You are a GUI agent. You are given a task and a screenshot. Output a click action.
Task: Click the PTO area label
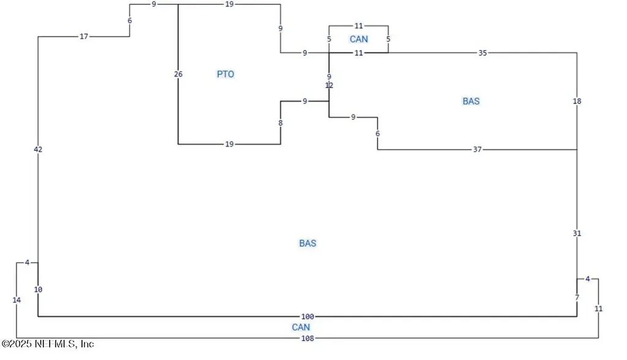(x=225, y=74)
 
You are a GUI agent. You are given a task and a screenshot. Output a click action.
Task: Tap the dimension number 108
(x=307, y=339)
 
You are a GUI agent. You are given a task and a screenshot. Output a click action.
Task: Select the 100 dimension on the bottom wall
(x=307, y=317)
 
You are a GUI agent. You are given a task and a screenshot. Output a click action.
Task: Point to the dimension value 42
(x=38, y=149)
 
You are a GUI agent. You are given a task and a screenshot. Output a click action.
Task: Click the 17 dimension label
(x=83, y=37)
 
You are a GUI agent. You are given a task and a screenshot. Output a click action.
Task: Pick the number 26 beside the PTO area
(x=178, y=74)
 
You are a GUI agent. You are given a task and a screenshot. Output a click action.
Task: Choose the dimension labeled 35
(x=482, y=53)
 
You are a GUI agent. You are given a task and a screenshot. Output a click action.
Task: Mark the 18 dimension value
(x=577, y=101)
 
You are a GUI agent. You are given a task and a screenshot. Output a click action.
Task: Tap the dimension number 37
(x=478, y=149)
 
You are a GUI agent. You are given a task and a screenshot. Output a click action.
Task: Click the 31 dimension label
(x=577, y=233)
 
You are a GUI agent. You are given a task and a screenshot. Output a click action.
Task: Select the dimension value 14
(x=17, y=300)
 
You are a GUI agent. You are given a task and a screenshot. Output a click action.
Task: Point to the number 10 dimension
(x=38, y=290)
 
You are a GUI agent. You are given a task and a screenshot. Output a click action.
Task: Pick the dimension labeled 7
(x=577, y=298)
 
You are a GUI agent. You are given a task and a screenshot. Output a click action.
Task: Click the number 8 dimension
(x=280, y=123)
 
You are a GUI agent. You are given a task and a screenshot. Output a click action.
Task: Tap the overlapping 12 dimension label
(x=329, y=85)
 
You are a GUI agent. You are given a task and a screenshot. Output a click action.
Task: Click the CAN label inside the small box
(x=359, y=39)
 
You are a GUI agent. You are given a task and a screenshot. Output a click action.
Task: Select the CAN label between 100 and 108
(x=301, y=328)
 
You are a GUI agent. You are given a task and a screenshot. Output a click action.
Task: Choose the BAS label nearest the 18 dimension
(x=471, y=101)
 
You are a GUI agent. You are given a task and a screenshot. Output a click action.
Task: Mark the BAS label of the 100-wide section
(x=307, y=243)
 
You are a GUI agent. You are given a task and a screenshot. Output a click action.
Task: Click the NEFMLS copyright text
(x=48, y=343)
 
